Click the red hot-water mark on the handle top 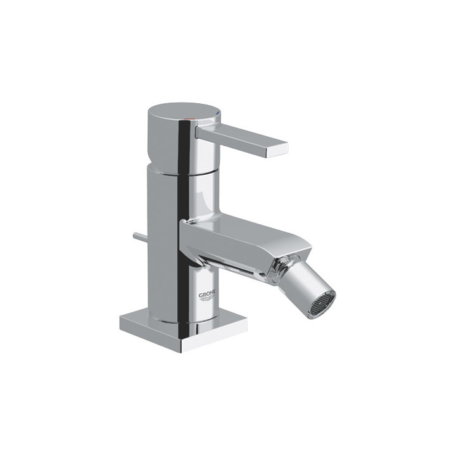[193, 111]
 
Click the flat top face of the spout [241, 227]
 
